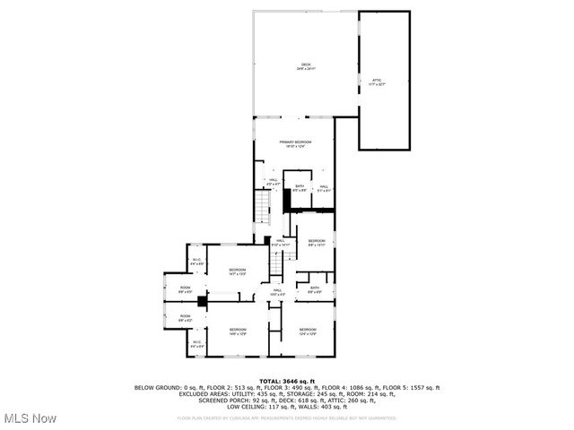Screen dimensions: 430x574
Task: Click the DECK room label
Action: [x=306, y=65]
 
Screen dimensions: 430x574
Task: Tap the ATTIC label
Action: [x=377, y=82]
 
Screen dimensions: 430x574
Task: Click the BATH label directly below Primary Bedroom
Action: [x=300, y=187]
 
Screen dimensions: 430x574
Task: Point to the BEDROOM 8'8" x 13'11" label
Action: [x=317, y=243]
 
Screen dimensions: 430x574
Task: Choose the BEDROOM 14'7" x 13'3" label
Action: [x=237, y=271]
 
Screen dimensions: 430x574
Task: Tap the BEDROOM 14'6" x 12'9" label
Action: [x=237, y=331]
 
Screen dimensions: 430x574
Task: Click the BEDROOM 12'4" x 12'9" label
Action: [x=307, y=331]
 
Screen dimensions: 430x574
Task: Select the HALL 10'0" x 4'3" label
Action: [x=278, y=291]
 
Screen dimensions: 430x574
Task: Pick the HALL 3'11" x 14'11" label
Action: [x=280, y=242]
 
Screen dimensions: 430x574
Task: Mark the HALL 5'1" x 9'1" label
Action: [x=325, y=188]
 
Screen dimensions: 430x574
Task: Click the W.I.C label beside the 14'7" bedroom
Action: [x=196, y=262]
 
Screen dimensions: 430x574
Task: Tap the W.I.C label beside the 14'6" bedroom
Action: [x=196, y=343]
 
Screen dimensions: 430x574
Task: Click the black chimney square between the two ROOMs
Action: [x=203, y=303]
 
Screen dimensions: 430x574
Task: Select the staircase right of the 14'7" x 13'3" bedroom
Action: [x=277, y=263]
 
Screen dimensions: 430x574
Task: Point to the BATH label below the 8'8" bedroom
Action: [x=316, y=289]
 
